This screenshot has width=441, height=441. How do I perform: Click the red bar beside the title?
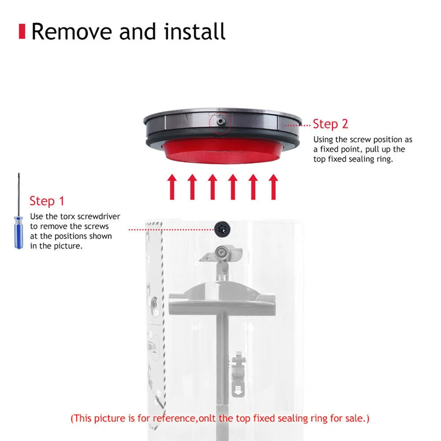pos(23,31)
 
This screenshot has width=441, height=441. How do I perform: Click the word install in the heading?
pos(196,31)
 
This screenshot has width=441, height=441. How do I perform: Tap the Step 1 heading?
pos(50,201)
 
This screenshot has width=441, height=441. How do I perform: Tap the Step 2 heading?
pos(331,123)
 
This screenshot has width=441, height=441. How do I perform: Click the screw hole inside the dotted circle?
pos(219,119)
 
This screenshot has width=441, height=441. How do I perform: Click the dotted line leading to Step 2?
pos(297,125)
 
